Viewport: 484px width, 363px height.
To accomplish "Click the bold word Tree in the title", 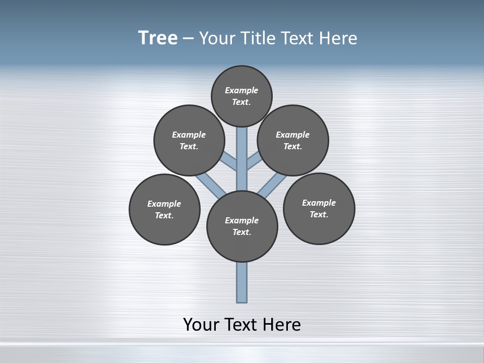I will click(158, 38).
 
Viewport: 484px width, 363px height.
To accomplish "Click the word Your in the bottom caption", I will click(201, 324).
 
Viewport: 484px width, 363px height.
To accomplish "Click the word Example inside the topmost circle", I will click(241, 90).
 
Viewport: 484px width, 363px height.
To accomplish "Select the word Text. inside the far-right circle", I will click(319, 214).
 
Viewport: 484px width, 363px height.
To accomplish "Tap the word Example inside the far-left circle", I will click(164, 204).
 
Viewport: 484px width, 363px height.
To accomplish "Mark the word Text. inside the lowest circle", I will click(242, 232).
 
